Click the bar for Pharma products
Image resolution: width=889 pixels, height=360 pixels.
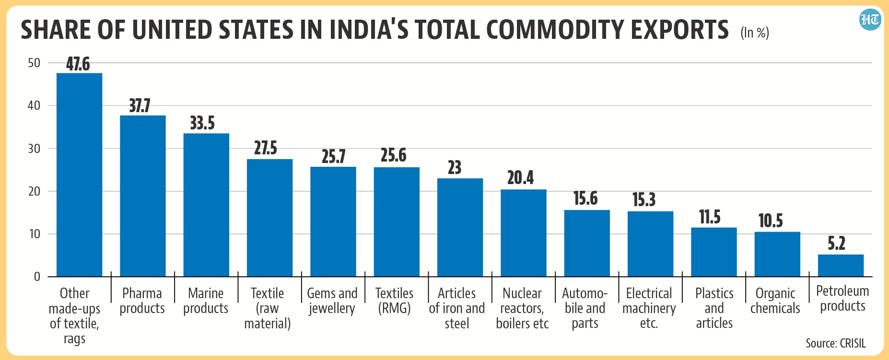pyautogui.click(x=143, y=196)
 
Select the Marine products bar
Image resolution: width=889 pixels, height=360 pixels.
pyautogui.click(x=206, y=205)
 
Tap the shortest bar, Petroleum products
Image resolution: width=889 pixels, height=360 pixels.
pyautogui.click(x=841, y=266)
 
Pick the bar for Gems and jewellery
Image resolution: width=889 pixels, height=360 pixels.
pyautogui.click(x=333, y=221)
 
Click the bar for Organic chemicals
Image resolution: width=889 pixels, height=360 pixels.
pyautogui.click(x=777, y=254)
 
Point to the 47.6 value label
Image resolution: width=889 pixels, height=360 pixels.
pyautogui.click(x=78, y=64)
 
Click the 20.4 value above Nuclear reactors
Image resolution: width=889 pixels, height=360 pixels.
pyautogui.click(x=521, y=178)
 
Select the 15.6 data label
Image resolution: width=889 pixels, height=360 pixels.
pyautogui.click(x=585, y=198)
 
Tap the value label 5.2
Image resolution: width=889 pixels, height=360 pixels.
pyautogui.click(x=837, y=244)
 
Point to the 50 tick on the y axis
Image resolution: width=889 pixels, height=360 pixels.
pyautogui.click(x=34, y=63)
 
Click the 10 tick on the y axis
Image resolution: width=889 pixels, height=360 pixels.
pyautogui.click(x=35, y=234)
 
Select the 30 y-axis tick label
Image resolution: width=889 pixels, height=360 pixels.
pyautogui.click(x=34, y=149)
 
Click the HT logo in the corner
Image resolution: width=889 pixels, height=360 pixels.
pyautogui.click(x=870, y=19)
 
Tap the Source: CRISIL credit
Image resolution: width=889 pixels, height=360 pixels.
pyautogui.click(x=836, y=343)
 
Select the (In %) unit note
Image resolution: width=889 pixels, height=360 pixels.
pyautogui.click(x=755, y=33)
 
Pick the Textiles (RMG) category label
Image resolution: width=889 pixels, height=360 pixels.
pyautogui.click(x=394, y=301)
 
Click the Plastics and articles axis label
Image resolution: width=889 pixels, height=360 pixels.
pyautogui.click(x=714, y=308)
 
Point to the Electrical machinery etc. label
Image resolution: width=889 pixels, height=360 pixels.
pyautogui.click(x=649, y=308)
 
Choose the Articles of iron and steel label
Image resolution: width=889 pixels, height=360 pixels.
pyautogui.click(x=456, y=308)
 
